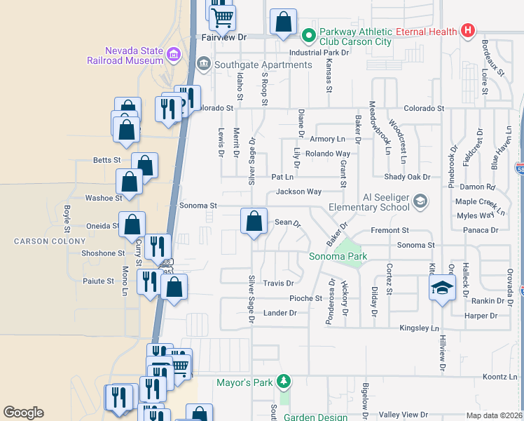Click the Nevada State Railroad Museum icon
pos(174,52)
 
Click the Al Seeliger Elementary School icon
pos(420,202)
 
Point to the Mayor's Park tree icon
pos(283,382)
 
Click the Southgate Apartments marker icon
pos(203,65)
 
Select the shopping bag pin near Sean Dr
pos(254,221)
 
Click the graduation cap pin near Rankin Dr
pos(442,287)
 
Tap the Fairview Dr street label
pos(224,37)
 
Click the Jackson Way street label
pos(298,192)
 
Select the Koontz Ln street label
pos(499,377)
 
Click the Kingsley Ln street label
pos(418,328)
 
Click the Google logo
pos(23,413)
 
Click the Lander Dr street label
pos(280,312)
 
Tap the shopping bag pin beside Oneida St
pos(132,225)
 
